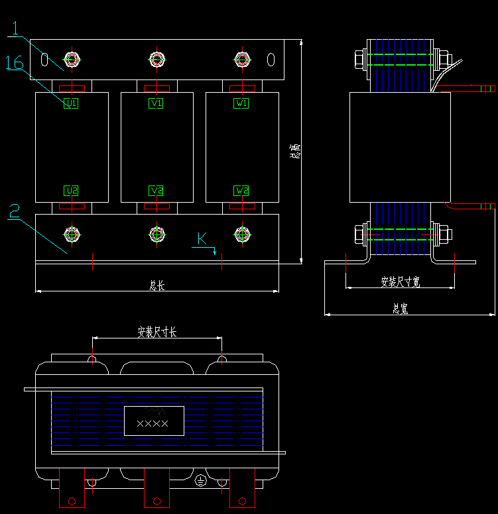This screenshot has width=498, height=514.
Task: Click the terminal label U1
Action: tap(71, 103)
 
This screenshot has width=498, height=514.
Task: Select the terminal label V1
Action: tap(156, 103)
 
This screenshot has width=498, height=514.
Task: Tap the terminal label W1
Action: tap(242, 103)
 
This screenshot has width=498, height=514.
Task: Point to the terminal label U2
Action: tap(71, 191)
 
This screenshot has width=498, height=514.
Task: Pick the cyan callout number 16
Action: tap(15, 63)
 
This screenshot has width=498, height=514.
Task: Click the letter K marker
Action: tap(202, 238)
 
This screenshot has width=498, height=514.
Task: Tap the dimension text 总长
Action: tap(156, 285)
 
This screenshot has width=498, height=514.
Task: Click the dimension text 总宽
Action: tap(399, 309)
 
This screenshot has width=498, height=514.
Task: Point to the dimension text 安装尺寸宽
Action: tap(401, 282)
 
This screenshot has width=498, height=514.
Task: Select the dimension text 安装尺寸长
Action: tap(156, 331)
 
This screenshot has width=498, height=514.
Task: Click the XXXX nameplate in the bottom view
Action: tap(154, 421)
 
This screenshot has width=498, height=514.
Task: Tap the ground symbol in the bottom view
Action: tap(200, 481)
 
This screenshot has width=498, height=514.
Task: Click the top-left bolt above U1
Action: tap(71, 60)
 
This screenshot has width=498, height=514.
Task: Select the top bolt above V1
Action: tap(156, 60)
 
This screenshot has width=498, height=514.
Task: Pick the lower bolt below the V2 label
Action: tap(156, 234)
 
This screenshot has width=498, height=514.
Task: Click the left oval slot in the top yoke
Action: tap(44, 60)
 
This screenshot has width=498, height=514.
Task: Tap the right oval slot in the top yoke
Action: tap(271, 60)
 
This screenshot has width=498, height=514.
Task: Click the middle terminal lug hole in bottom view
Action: tap(157, 500)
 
